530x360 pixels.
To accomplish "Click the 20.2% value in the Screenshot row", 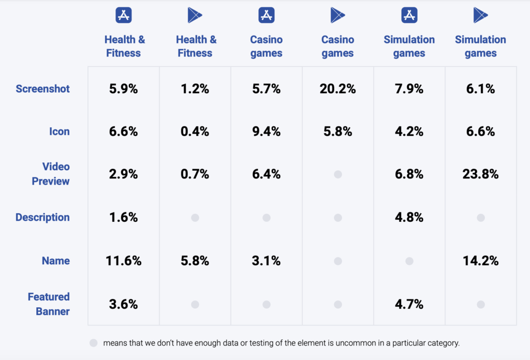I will click(337, 89).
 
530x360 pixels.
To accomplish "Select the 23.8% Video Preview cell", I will click(480, 174).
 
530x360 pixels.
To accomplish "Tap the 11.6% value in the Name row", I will click(123, 261).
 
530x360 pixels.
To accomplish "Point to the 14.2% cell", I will click(480, 261).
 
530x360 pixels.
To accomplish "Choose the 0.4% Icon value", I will click(195, 132).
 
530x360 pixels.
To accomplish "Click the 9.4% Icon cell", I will click(266, 132).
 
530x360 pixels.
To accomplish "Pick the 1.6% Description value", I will click(123, 218).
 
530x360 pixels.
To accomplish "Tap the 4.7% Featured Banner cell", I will click(409, 305).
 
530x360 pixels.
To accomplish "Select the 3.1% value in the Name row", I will click(266, 261).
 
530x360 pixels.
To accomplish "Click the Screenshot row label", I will click(42, 89).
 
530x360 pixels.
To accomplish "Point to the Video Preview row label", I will click(50, 174).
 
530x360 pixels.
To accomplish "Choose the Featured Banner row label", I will click(49, 304).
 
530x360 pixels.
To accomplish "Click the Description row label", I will click(42, 218).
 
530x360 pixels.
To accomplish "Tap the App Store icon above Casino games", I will click(266, 15).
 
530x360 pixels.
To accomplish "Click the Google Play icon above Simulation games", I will click(480, 15).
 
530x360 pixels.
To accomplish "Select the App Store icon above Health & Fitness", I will click(124, 15).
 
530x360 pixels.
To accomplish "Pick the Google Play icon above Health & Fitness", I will click(195, 15).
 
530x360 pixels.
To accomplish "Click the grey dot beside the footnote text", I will click(93, 342).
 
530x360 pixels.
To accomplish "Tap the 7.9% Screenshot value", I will click(409, 89).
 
